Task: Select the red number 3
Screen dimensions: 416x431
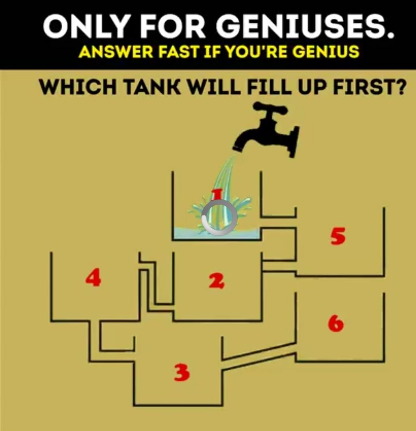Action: pyautogui.click(x=182, y=372)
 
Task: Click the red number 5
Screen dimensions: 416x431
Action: pyautogui.click(x=338, y=236)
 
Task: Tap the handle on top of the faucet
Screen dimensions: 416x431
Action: pyautogui.click(x=270, y=108)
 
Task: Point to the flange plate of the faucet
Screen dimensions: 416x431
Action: pyautogui.click(x=293, y=142)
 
